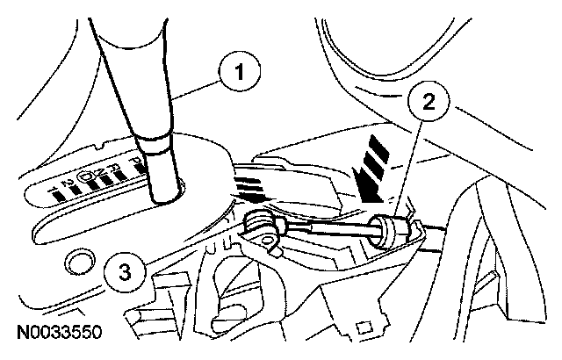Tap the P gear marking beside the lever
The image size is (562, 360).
(133, 162)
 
